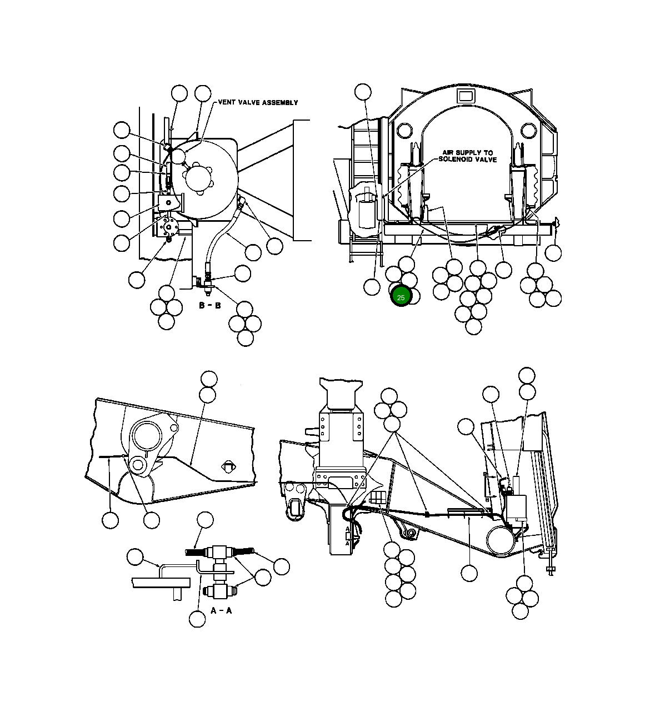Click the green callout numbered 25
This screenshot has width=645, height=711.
point(401,297)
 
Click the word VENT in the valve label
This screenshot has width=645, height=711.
point(228,102)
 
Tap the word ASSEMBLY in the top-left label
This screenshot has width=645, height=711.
point(280,102)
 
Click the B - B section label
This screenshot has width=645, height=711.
point(210,305)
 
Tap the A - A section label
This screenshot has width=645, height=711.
point(221,610)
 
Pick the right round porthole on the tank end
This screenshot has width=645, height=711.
point(528,131)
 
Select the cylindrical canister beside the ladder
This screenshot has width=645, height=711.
point(367,212)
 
